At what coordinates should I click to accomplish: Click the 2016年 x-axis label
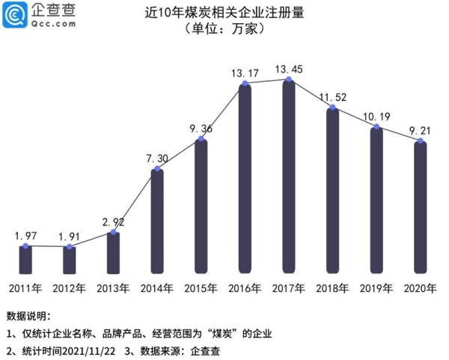(x=244, y=288)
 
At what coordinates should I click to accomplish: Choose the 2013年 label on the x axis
(x=113, y=288)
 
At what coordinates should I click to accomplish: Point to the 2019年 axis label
(x=376, y=288)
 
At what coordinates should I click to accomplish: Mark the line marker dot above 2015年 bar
(x=201, y=139)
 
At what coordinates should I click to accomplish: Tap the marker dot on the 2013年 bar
(x=113, y=234)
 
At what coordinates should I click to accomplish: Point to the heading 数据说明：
(x=28, y=317)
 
